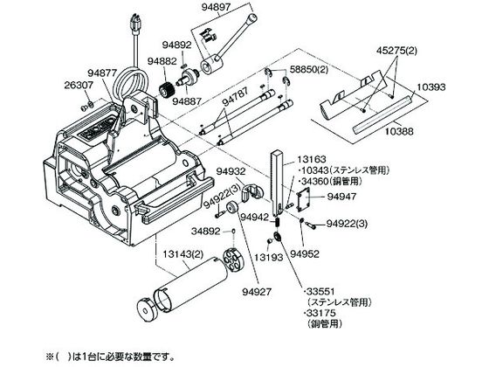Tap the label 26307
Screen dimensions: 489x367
click(x=79, y=85)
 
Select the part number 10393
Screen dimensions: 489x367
click(x=431, y=87)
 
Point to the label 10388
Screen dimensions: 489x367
click(x=398, y=131)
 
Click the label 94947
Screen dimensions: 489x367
click(x=341, y=197)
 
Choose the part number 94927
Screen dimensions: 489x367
click(x=257, y=292)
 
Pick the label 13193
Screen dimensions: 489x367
click(x=269, y=257)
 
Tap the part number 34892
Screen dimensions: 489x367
click(x=206, y=232)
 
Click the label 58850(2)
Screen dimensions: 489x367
click(x=309, y=69)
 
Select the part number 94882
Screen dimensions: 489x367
click(x=162, y=61)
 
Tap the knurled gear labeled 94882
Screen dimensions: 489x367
click(x=167, y=88)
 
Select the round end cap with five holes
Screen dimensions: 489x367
click(x=233, y=258)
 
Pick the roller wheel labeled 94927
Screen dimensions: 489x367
click(x=231, y=208)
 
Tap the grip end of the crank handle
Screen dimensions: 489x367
click(x=252, y=18)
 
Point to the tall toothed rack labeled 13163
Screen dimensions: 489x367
click(x=277, y=183)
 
